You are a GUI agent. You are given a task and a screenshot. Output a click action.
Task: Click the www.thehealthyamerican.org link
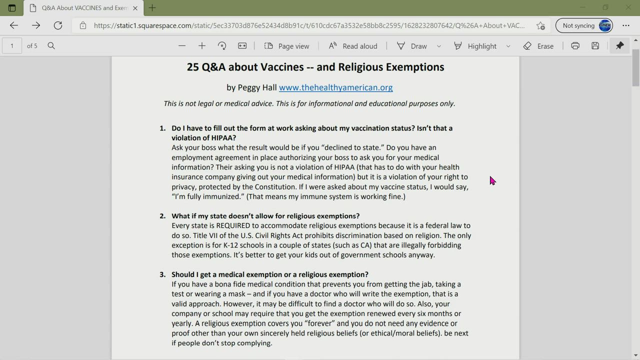(x=335, y=87)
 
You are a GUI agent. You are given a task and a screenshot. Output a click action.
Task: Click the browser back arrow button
(x=14, y=25)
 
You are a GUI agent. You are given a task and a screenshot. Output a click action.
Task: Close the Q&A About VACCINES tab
(x=135, y=8)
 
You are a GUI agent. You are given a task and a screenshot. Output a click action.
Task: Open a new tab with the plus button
(x=152, y=8)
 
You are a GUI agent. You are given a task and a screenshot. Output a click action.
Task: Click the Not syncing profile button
(x=584, y=25)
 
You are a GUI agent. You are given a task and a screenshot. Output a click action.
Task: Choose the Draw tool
(x=412, y=46)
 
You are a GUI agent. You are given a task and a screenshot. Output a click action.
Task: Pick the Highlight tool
(x=475, y=46)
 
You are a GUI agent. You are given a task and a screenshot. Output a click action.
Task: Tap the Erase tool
(x=538, y=46)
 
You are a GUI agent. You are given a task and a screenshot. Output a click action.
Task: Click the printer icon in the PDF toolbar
(x=575, y=46)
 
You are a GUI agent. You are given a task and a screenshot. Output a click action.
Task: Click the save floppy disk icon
(x=595, y=46)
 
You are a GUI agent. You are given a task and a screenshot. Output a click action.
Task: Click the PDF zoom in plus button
(x=202, y=46)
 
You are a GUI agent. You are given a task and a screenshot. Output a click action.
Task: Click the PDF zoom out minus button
(x=182, y=46)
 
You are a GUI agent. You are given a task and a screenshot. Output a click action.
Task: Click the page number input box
(x=12, y=46)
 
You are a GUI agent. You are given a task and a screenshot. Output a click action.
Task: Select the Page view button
(x=287, y=46)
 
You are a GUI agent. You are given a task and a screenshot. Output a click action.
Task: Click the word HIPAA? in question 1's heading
(x=223, y=138)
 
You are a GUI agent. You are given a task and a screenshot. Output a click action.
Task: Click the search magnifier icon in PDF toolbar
(x=51, y=46)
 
